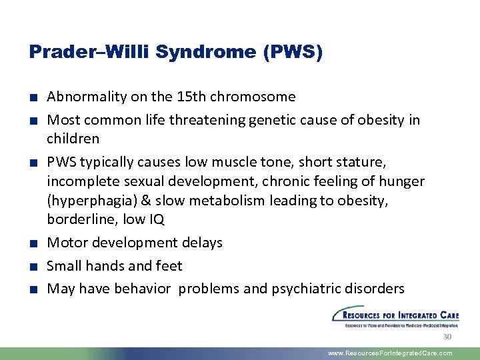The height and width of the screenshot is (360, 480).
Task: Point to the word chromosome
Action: click(x=253, y=97)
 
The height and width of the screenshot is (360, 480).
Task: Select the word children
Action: click(x=73, y=139)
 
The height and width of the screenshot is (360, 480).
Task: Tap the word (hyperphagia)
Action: click(x=90, y=201)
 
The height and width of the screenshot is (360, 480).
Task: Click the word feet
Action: click(x=168, y=266)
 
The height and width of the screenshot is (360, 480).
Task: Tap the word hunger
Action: click(x=401, y=181)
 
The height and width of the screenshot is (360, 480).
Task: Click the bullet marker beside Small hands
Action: click(x=33, y=267)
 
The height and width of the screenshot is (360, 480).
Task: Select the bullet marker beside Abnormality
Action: click(x=33, y=97)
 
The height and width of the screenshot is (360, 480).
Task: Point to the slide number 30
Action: click(x=447, y=337)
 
